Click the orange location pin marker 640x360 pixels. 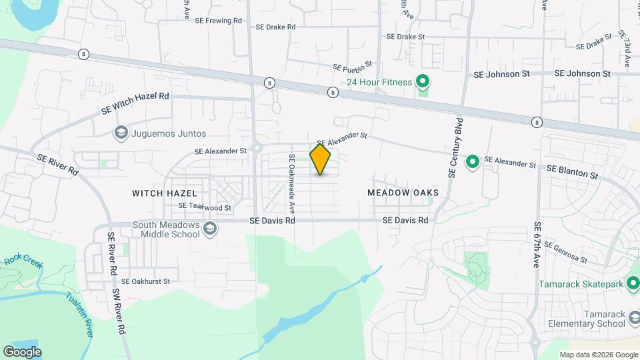click(320, 159)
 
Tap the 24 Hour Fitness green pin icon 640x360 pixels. click(422, 82)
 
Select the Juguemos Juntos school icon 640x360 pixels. click(121, 133)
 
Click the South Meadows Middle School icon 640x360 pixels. click(210, 229)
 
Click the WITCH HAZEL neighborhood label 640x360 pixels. click(164, 193)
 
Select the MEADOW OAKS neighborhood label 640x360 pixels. click(403, 193)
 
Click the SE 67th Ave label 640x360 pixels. click(536, 245)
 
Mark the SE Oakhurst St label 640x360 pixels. click(146, 281)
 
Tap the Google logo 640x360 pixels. click(22, 351)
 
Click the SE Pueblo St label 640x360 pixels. click(352, 68)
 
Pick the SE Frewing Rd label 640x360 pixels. click(219, 21)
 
